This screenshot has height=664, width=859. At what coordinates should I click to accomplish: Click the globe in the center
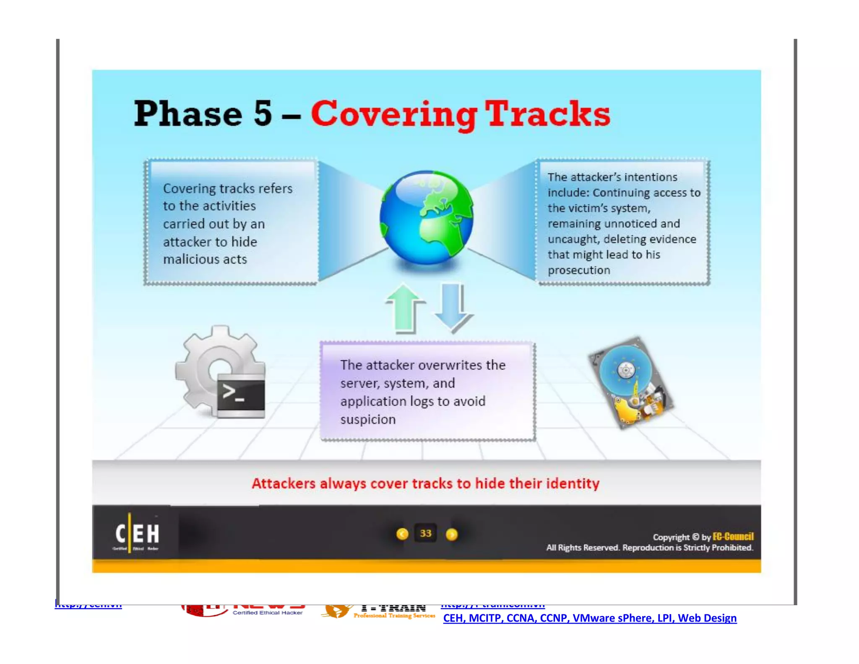click(x=427, y=217)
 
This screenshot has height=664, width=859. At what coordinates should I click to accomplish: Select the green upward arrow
click(x=404, y=308)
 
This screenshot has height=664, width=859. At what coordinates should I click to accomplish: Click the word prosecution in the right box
click(x=579, y=270)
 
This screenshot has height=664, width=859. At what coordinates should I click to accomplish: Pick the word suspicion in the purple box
click(x=368, y=419)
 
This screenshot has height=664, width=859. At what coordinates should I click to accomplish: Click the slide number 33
click(x=425, y=533)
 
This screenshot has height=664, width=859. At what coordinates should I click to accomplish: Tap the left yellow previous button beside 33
click(x=402, y=534)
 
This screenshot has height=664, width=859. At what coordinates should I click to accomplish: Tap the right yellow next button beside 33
click(x=452, y=534)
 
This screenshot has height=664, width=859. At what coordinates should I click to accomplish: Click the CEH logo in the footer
click(x=137, y=534)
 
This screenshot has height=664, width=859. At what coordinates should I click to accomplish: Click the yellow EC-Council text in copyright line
click(x=733, y=536)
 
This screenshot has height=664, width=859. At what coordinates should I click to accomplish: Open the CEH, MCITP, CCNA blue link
click(x=589, y=618)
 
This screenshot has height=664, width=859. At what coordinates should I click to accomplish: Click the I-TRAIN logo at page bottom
click(x=377, y=611)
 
